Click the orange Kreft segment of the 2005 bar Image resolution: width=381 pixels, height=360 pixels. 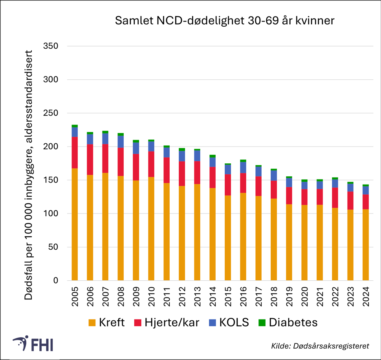74,224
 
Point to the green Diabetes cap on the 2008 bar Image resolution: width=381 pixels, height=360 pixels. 120,134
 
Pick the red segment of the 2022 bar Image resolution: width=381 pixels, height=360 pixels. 335,197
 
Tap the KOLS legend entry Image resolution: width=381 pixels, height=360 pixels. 227,323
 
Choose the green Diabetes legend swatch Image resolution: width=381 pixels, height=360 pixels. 262,323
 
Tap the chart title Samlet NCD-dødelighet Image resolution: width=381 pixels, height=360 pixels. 224,20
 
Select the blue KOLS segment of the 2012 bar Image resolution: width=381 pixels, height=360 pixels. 181,156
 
